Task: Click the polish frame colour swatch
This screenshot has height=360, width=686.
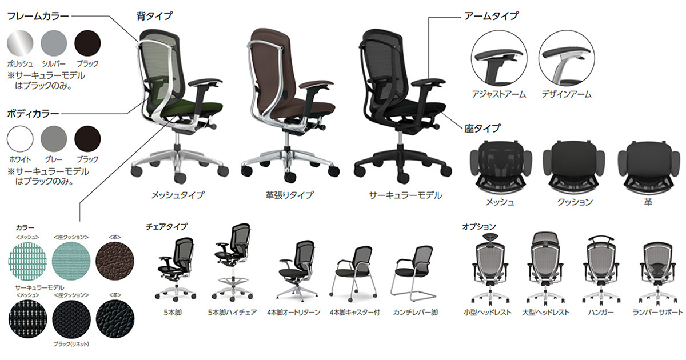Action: (x=20, y=43)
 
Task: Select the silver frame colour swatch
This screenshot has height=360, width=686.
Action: (x=54, y=43)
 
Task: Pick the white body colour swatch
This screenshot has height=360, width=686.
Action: (x=20, y=139)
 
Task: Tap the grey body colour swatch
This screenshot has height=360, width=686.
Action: (x=54, y=139)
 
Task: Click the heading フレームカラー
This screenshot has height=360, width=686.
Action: (x=38, y=16)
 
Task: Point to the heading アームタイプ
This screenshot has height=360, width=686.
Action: (x=492, y=15)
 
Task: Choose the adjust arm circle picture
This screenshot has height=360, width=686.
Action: (x=499, y=58)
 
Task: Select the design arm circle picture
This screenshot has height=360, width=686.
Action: (x=567, y=58)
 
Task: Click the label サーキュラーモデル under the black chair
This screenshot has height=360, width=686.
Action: (x=405, y=195)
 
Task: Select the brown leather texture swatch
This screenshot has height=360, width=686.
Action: (x=115, y=261)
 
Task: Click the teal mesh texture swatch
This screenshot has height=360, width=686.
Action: (x=28, y=261)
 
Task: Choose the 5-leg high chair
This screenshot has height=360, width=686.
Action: (x=233, y=262)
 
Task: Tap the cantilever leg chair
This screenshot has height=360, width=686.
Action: (x=413, y=273)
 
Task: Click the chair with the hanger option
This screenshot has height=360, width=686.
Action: (x=601, y=271)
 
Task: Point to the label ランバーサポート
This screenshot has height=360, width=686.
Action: (x=658, y=312)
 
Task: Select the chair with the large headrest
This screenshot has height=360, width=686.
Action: (x=546, y=269)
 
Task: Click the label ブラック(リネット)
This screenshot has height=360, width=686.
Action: (x=71, y=344)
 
